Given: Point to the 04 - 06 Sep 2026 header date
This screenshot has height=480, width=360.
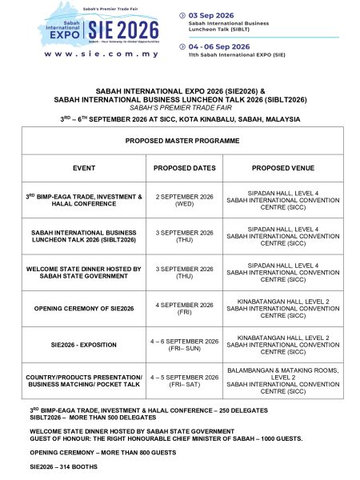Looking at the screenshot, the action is click(214, 46).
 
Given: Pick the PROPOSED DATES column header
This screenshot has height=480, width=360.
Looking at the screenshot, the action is click(184, 169).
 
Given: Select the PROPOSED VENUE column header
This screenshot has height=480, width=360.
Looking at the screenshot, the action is click(283, 169).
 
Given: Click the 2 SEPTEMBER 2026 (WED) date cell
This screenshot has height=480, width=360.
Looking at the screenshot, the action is click(184, 200).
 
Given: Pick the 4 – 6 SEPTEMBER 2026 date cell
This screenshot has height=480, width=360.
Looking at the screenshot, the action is click(184, 345).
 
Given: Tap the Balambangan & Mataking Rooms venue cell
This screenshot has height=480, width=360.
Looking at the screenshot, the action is click(283, 381).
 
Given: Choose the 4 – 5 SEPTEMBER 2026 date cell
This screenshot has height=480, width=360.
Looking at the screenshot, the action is click(184, 381).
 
